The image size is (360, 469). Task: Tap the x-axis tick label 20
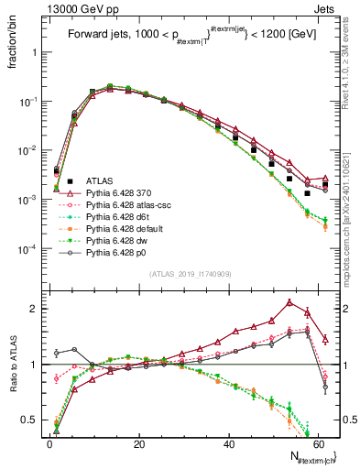(138, 444)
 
